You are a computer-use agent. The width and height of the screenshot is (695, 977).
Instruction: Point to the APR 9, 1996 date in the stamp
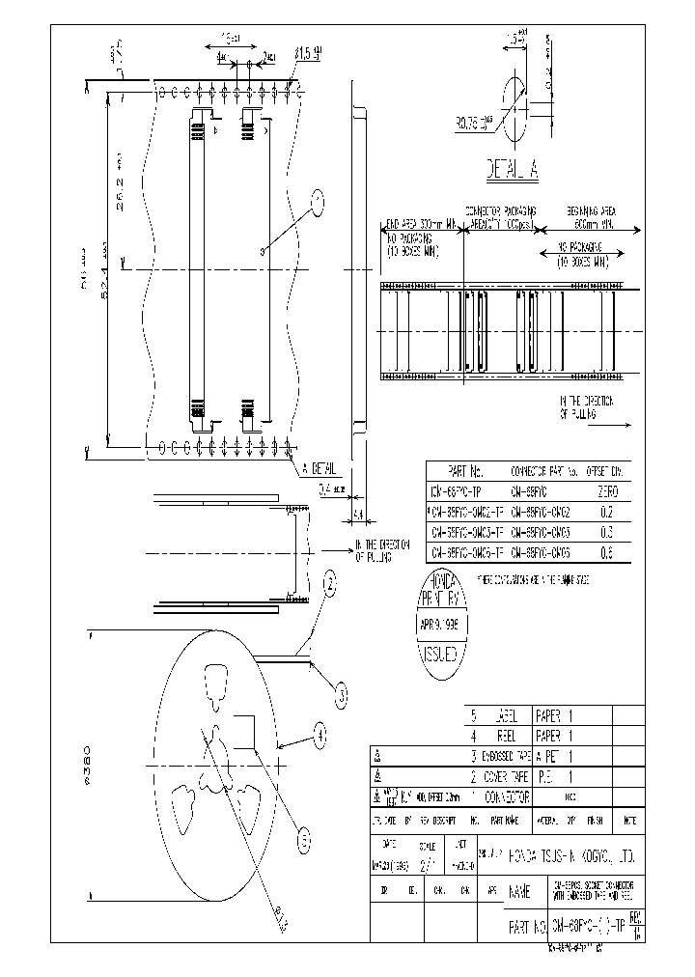pos(444,625)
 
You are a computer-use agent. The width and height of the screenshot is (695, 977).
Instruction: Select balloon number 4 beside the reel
pos(320,736)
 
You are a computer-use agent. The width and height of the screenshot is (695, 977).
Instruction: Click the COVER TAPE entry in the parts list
pos(507,776)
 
